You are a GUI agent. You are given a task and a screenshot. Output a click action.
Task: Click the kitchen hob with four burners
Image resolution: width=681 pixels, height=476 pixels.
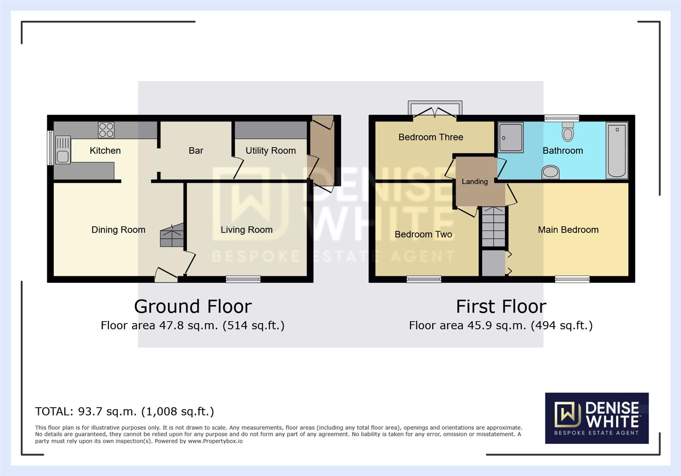tap(106, 130)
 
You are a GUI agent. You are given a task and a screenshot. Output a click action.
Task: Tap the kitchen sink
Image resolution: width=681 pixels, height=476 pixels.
tap(63, 150)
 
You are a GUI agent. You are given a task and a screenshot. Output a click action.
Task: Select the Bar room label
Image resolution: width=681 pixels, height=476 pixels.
tap(196, 151)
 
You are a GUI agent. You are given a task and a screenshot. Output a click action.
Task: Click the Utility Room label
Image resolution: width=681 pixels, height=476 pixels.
tap(270, 151)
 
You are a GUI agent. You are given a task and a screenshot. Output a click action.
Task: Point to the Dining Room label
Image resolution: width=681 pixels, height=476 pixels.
tap(118, 230)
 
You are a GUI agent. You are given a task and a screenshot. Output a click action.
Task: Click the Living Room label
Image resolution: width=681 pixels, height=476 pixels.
tap(247, 230)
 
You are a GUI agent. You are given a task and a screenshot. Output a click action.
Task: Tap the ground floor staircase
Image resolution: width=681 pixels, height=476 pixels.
tap(172, 235)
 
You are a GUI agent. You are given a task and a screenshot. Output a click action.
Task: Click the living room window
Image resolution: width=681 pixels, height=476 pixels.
tap(243, 279)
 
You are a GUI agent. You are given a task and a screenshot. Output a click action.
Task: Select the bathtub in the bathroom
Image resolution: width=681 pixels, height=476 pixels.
tap(617, 150)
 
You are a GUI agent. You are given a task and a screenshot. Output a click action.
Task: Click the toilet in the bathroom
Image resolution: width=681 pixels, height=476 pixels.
tap(568, 131)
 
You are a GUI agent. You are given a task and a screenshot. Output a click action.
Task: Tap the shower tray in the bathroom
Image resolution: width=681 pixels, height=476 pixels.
tap(511, 138)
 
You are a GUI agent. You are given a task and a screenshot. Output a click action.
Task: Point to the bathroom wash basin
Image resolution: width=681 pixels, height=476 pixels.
tap(550, 172)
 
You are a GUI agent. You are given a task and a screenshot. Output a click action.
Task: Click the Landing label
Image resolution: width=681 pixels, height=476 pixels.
tap(475, 182)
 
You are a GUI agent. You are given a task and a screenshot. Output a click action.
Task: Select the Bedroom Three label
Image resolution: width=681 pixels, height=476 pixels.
tap(430, 137)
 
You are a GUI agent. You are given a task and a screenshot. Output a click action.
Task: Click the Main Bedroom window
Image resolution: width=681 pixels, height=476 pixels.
tap(572, 279)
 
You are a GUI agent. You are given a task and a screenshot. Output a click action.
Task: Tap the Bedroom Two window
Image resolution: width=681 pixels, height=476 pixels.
tap(423, 279)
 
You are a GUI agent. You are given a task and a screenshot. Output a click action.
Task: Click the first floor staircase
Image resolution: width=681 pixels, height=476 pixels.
tap(494, 227)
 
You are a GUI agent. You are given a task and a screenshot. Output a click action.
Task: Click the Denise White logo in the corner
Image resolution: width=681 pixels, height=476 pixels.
tap(597, 418)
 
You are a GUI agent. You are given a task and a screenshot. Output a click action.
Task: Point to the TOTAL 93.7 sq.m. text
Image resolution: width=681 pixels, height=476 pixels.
tap(124, 411)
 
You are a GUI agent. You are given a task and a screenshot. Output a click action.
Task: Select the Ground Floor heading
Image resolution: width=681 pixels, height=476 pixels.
tap(193, 306)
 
